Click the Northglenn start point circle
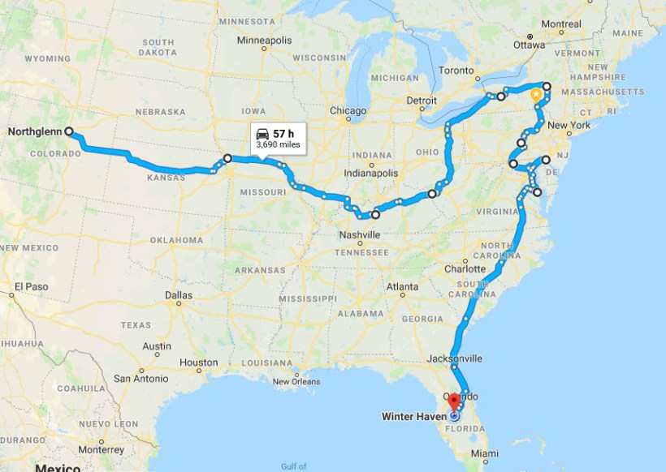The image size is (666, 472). pyautogui.click(x=68, y=131)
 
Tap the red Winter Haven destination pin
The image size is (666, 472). pyautogui.click(x=454, y=401)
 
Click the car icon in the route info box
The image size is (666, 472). pyautogui.click(x=262, y=133)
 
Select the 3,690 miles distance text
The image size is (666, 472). pyautogui.click(x=278, y=144)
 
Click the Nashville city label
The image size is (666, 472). pyautogui.click(x=359, y=234)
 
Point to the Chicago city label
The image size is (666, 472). pyautogui.click(x=348, y=110)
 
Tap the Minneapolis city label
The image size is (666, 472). pyautogui.click(x=265, y=39)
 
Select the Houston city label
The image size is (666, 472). pyautogui.click(x=198, y=363)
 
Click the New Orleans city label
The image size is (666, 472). pyautogui.click(x=296, y=382)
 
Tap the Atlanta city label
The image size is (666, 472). pyautogui.click(x=403, y=287)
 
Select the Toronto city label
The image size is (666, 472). pyautogui.click(x=456, y=71)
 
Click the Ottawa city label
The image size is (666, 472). pyautogui.click(x=529, y=45)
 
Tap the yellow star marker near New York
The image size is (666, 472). pyautogui.click(x=536, y=95)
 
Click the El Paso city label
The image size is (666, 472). pyautogui.click(x=31, y=286)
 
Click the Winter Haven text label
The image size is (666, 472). pyautogui.click(x=413, y=417)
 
